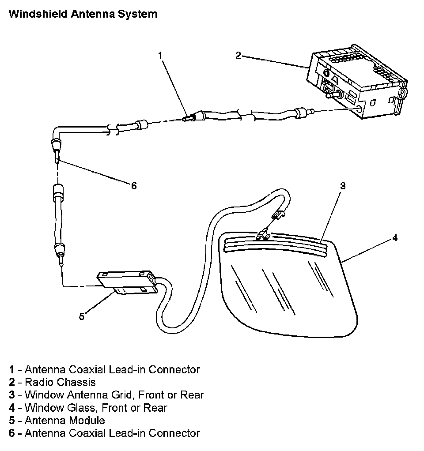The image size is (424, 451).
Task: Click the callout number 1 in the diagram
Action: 160,55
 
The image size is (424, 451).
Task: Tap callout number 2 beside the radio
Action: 238,55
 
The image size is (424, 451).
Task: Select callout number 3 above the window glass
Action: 342,186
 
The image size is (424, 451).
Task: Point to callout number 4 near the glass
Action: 395,238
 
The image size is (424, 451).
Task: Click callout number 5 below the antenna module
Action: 81,316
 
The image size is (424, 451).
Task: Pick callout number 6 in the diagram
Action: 134,186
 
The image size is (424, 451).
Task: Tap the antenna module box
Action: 126,282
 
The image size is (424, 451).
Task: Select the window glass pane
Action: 287,291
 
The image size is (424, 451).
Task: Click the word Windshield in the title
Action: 36,14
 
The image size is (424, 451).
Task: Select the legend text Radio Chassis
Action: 60,382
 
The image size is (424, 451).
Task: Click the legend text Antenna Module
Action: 64,420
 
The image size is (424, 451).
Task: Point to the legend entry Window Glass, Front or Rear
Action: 96,407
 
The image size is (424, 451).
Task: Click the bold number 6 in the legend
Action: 11,433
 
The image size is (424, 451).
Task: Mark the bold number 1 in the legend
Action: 11,369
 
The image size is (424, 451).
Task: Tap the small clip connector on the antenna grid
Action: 264,235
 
